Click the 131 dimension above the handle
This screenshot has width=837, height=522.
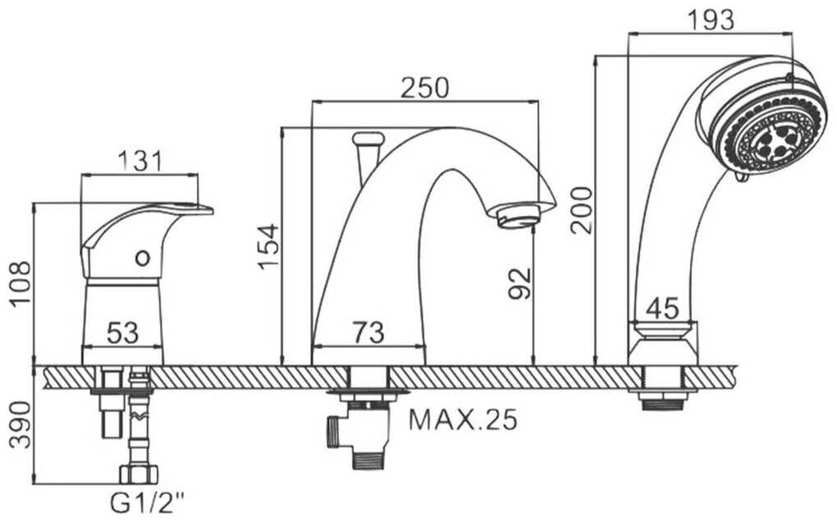click(139, 161)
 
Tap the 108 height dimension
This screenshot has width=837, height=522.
click(22, 283)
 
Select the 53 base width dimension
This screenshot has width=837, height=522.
click(123, 333)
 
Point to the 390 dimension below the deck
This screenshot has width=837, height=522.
click(22, 425)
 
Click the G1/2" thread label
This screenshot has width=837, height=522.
click(147, 503)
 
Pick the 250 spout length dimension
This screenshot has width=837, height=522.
click(425, 88)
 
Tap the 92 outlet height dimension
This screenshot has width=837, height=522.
click(520, 283)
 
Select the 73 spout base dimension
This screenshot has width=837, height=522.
click(368, 332)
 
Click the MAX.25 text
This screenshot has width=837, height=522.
click(463, 420)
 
